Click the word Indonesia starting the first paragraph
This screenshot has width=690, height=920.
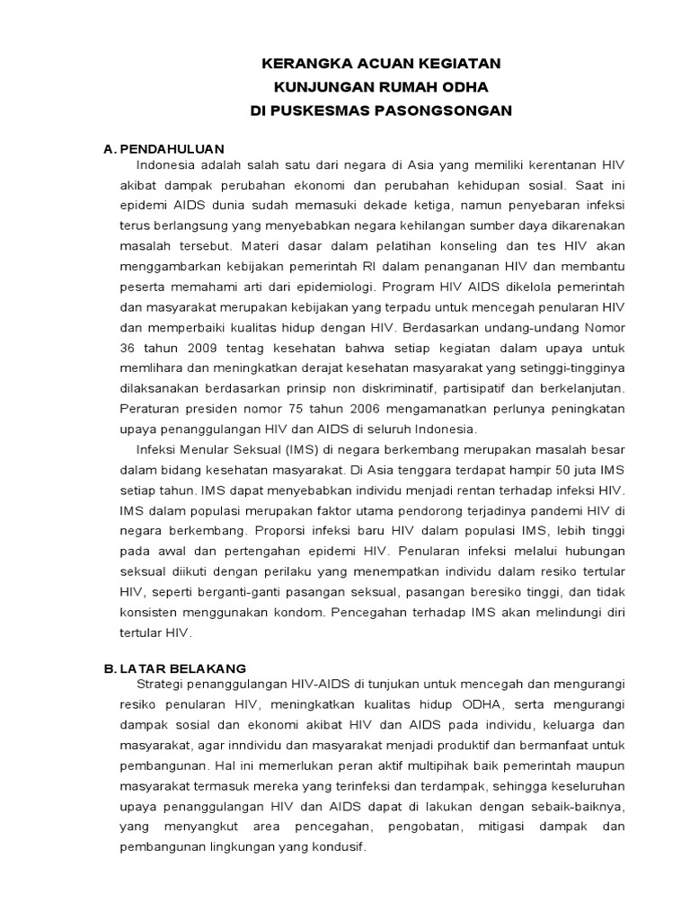[168, 165]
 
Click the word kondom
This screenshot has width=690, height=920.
[302, 612]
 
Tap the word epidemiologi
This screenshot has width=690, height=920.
[332, 287]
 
